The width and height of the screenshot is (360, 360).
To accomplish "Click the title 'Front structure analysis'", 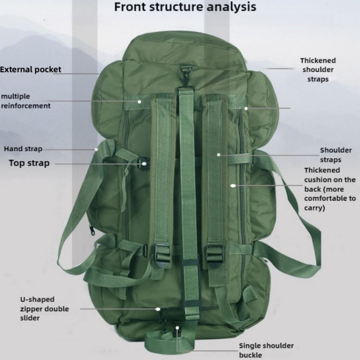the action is coord(185,7).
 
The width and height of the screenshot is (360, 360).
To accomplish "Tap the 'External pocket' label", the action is coord(31,69).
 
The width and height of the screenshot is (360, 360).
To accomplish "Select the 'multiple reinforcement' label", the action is coord(25,101).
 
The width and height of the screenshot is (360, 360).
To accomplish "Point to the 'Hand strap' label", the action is coord(23,149).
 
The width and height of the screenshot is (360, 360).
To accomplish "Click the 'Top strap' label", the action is coord(29,163).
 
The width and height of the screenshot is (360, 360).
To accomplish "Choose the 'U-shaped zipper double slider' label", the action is coord(44,309).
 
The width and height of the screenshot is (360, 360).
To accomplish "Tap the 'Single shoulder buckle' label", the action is coord(266,350).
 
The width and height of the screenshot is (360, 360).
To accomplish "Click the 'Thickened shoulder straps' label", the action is coord(318,70).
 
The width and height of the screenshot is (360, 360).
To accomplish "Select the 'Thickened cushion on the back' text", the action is coord(330,189).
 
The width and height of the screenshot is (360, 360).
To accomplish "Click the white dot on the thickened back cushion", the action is coord(233,185).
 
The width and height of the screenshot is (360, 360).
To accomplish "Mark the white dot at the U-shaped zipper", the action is coord(158,309).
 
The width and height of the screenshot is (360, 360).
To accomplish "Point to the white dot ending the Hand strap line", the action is coord(96,149).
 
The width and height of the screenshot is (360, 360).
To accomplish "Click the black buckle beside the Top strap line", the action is coord(143,163).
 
